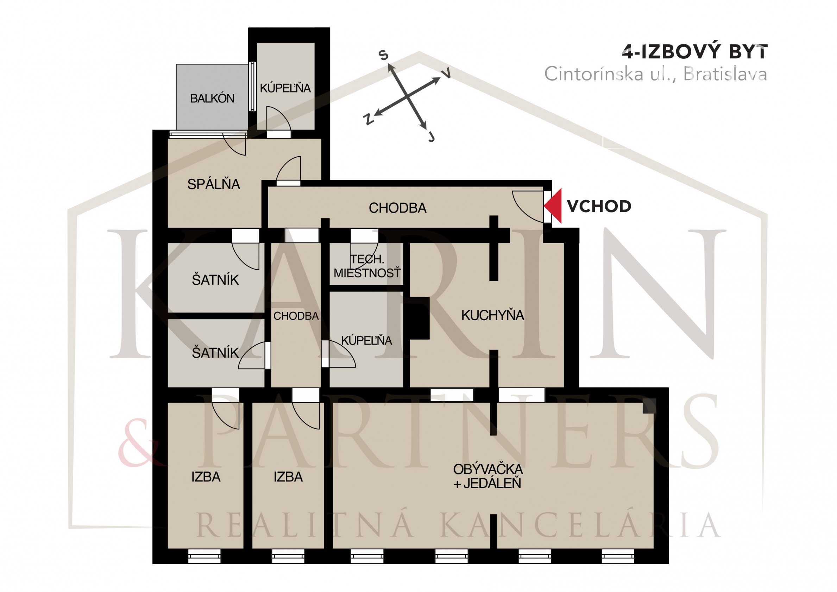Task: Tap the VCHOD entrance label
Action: [x=599, y=206]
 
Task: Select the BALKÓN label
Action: [x=212, y=99]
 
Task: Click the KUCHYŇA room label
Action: [x=492, y=315]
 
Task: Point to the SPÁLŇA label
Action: [x=214, y=184]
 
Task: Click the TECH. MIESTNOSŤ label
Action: [x=367, y=266]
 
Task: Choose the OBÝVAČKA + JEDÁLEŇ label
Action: [x=487, y=476]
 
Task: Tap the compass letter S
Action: [x=384, y=55]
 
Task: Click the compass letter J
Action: [x=431, y=137]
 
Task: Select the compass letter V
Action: [x=446, y=73]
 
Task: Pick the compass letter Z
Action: [x=369, y=119]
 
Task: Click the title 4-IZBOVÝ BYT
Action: [x=694, y=52]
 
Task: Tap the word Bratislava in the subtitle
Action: [x=725, y=74]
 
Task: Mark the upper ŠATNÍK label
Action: [x=215, y=280]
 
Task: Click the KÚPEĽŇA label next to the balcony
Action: [x=285, y=88]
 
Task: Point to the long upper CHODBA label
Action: [x=397, y=208]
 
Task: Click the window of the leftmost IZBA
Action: [x=204, y=556]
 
